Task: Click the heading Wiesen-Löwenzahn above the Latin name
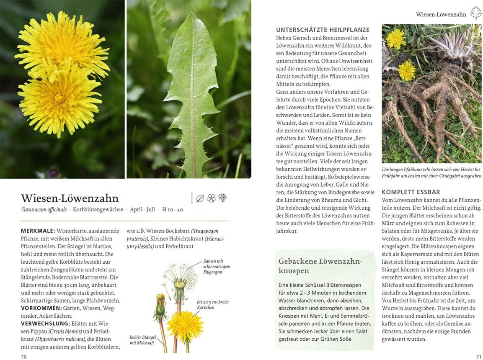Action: point(70,198)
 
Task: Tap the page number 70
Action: point(24,356)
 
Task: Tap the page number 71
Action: point(478,356)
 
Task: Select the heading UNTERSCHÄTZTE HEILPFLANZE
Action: point(323,30)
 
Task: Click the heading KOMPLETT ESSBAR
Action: point(411,192)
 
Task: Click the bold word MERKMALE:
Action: point(38,231)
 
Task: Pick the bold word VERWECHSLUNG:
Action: point(45,324)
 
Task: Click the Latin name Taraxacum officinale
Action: point(44,209)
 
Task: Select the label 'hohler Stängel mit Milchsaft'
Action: point(142,340)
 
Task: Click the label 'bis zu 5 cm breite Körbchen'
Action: point(212,304)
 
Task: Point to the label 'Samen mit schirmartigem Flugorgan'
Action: point(217,266)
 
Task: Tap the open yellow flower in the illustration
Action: point(185,326)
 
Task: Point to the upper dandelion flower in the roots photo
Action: point(395,39)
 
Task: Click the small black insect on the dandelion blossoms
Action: point(39,78)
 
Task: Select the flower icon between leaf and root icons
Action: point(211,198)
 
